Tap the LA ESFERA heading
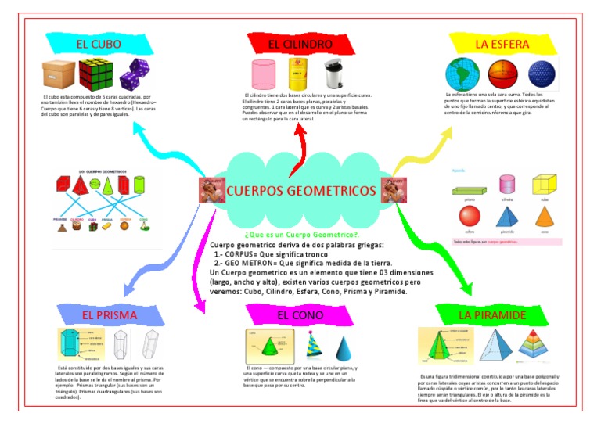pyautogui.click(x=502, y=44)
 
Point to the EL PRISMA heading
pyautogui.click(x=110, y=315)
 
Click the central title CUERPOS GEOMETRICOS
pyautogui.click(x=300, y=191)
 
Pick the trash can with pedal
pyautogui.click(x=334, y=74)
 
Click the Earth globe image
pyautogui.click(x=461, y=74)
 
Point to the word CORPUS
pyautogui.click(x=243, y=253)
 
